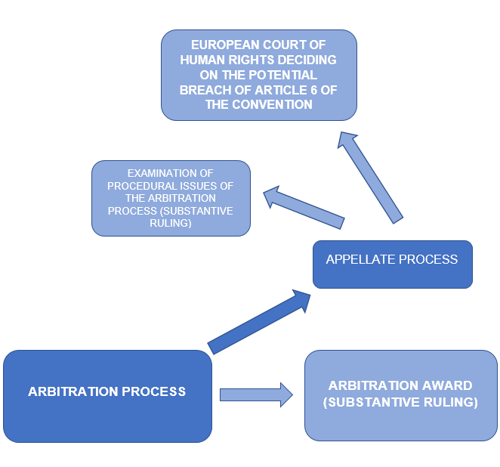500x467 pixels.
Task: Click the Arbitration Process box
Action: coord(107,396)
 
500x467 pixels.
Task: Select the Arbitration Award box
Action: coord(401,395)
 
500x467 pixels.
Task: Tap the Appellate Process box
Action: coord(393,264)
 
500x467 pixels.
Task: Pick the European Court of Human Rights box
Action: coord(259,76)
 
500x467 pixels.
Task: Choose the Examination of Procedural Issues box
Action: coord(171,199)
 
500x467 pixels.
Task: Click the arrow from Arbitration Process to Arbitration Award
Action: coord(256,395)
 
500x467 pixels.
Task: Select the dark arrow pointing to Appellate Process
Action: coord(259,322)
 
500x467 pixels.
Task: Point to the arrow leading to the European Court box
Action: coord(370,178)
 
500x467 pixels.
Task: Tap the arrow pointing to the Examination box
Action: coord(304,207)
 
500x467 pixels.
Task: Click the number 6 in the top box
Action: coord(313,90)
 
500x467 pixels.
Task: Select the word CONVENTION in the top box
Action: coord(272,104)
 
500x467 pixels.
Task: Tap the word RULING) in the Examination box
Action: coord(171,223)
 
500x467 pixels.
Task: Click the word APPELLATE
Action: coord(360,259)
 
